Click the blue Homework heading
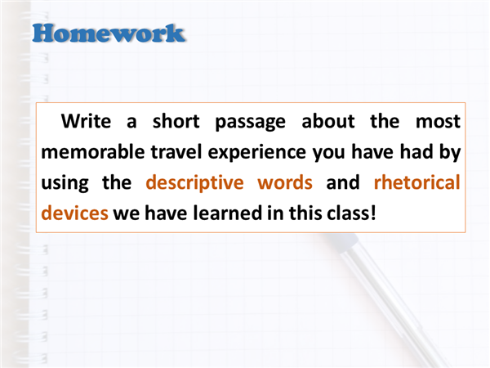pyautogui.click(x=109, y=34)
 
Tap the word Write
pyautogui.click(x=86, y=121)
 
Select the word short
pyautogui.click(x=176, y=121)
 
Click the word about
pyautogui.click(x=328, y=121)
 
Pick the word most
pyautogui.click(x=438, y=122)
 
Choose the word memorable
pyautogui.click(x=93, y=152)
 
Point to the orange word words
pyautogui.click(x=285, y=182)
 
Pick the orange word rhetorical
pyautogui.click(x=417, y=182)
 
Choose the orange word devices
pyautogui.click(x=74, y=213)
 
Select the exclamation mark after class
pyautogui.click(x=373, y=213)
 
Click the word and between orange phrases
pyautogui.click(x=343, y=182)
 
